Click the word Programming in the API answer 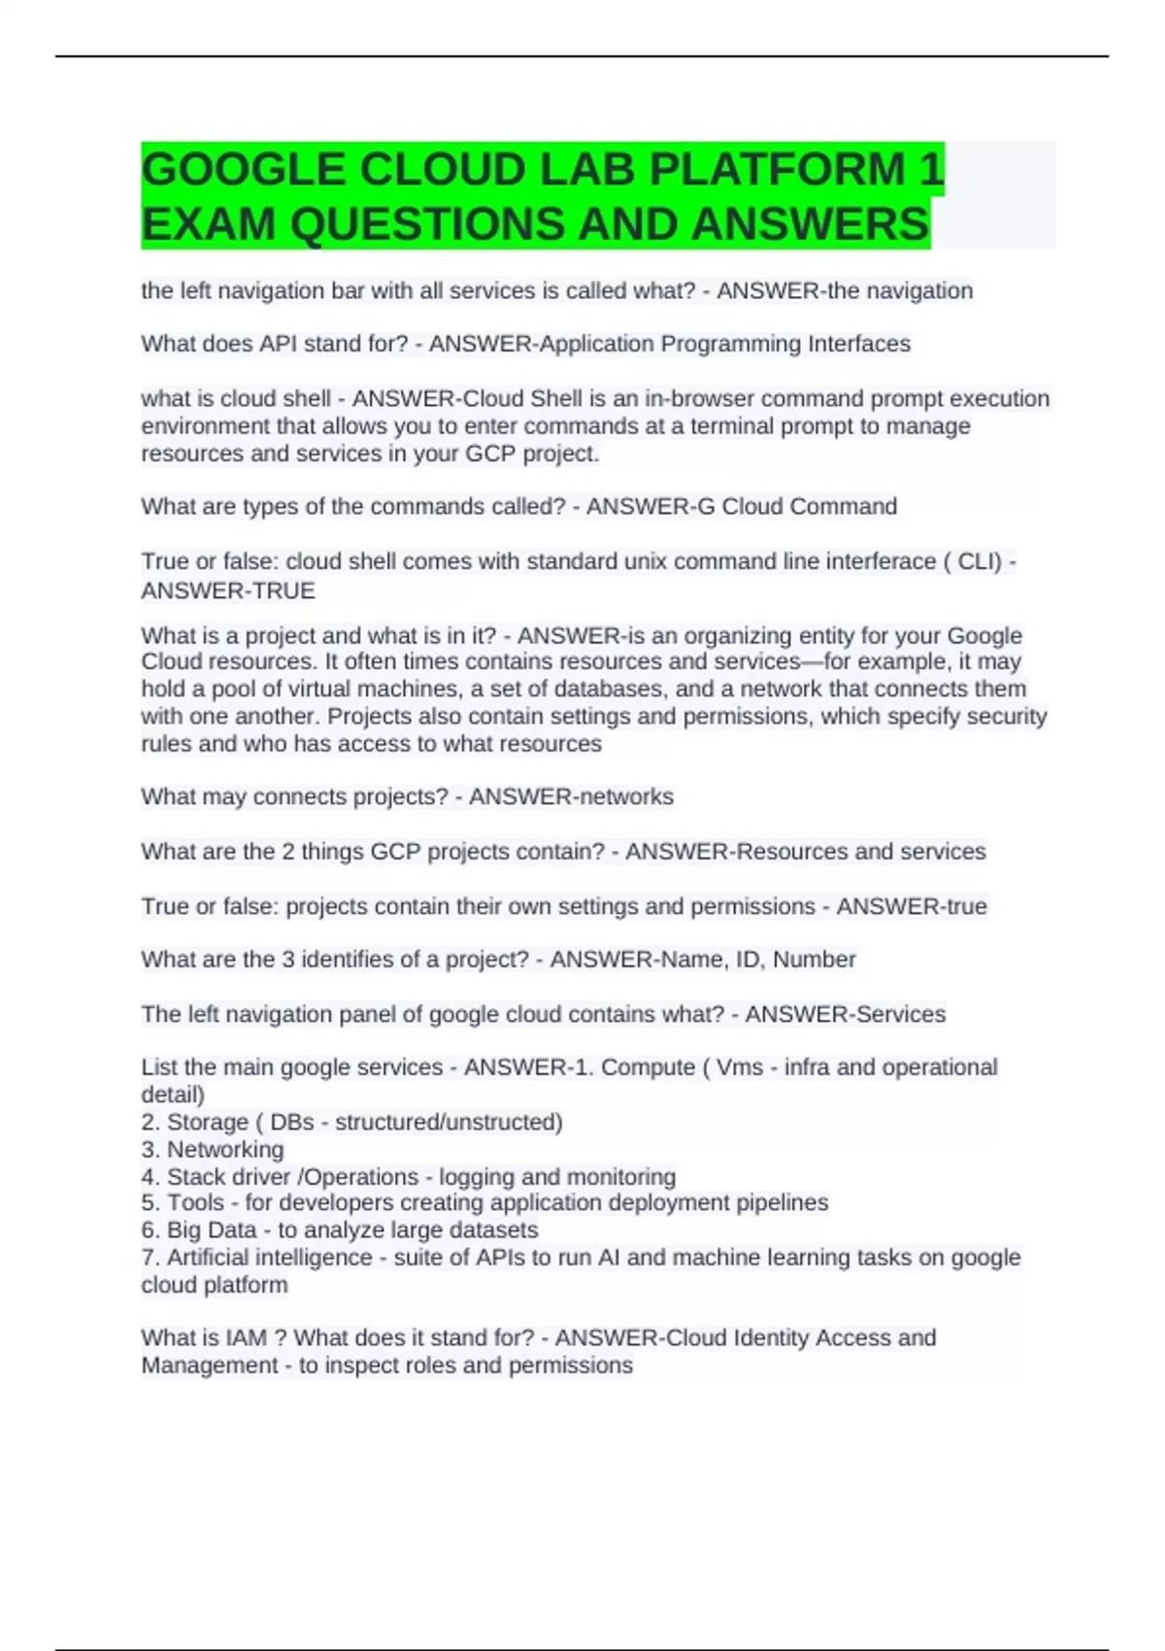731,344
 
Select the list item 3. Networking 213,1150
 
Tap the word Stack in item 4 195,1177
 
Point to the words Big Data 212,1230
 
